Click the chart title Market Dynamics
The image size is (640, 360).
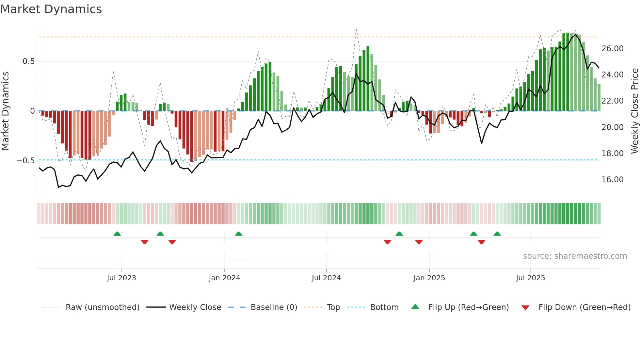coord(51,9)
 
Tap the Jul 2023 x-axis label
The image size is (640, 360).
coord(121,278)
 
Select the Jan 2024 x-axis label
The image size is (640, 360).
coord(224,278)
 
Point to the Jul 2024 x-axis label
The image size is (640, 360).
coord(326,278)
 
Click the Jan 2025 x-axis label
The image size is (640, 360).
coord(429,278)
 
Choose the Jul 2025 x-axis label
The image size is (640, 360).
coord(530,278)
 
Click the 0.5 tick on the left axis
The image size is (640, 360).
coord(28,61)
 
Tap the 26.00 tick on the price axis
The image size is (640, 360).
coord(612,49)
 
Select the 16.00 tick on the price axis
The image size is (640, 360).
coord(612,179)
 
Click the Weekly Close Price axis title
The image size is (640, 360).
coord(634,111)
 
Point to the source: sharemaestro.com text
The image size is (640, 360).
coord(575,256)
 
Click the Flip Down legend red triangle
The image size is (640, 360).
coord(525,308)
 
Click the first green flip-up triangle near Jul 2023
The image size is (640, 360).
coord(117,234)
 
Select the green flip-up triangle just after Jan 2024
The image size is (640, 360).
coord(239,234)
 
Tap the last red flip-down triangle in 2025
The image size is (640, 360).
coord(481,242)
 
